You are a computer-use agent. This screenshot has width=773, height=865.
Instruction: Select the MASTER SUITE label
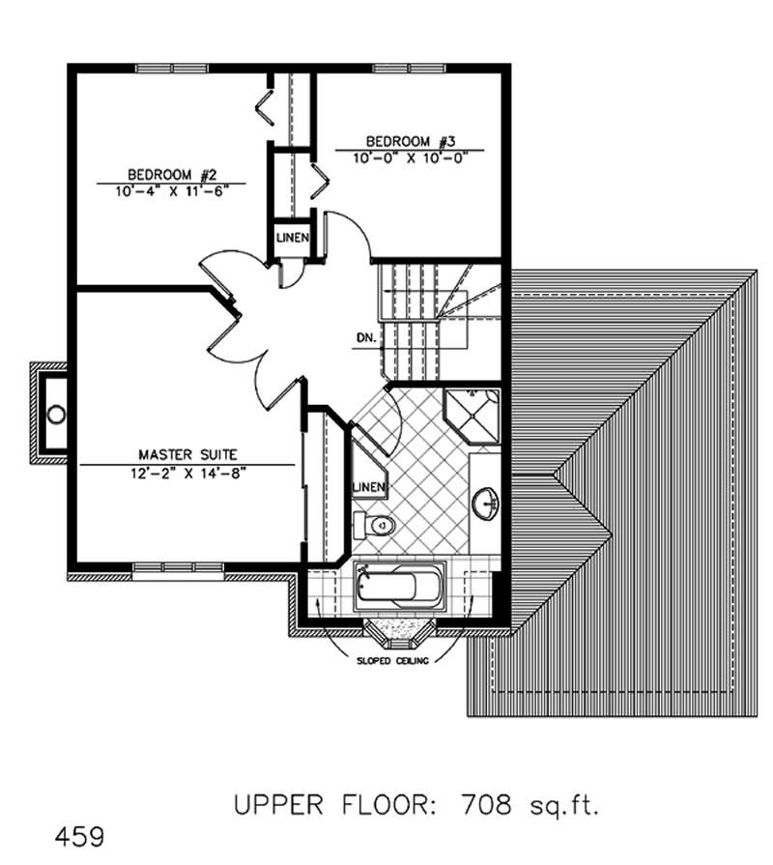pyautogui.click(x=186, y=453)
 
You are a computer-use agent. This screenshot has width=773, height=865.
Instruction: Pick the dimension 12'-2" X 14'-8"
pyautogui.click(x=186, y=471)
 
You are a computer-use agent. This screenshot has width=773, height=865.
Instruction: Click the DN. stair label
pyautogui.click(x=364, y=339)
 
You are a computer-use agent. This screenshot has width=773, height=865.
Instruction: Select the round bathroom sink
pyautogui.click(x=486, y=502)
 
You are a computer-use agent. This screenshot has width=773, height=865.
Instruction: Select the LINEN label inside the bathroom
pyautogui.click(x=369, y=486)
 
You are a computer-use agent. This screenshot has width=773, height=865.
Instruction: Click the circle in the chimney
pyautogui.click(x=57, y=415)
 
